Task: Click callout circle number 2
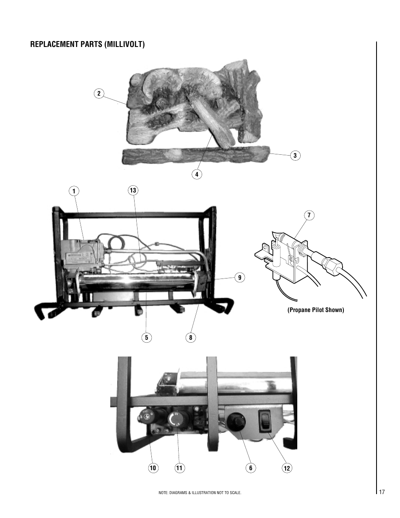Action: coord(99,94)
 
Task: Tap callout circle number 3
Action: coord(295,156)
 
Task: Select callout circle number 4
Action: coord(196,174)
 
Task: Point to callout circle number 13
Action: coord(133,191)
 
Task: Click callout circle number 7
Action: coord(309,216)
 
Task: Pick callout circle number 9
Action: coord(240,277)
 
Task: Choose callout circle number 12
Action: coord(287,468)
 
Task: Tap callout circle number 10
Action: coord(153,468)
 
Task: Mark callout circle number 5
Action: coord(146,337)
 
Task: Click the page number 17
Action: coord(382,492)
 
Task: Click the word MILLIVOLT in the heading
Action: coord(125,44)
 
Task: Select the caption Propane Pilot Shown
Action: coord(315,310)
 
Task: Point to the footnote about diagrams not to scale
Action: coord(200,492)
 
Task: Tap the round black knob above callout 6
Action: coord(236,419)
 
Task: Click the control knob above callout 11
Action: coord(175,419)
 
